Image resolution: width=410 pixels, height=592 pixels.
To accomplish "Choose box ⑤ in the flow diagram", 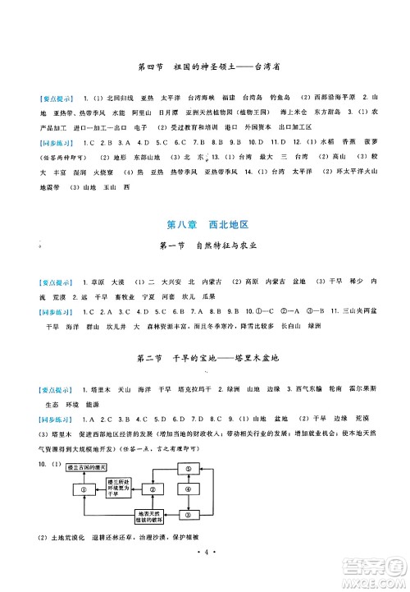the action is pos(190,469).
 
